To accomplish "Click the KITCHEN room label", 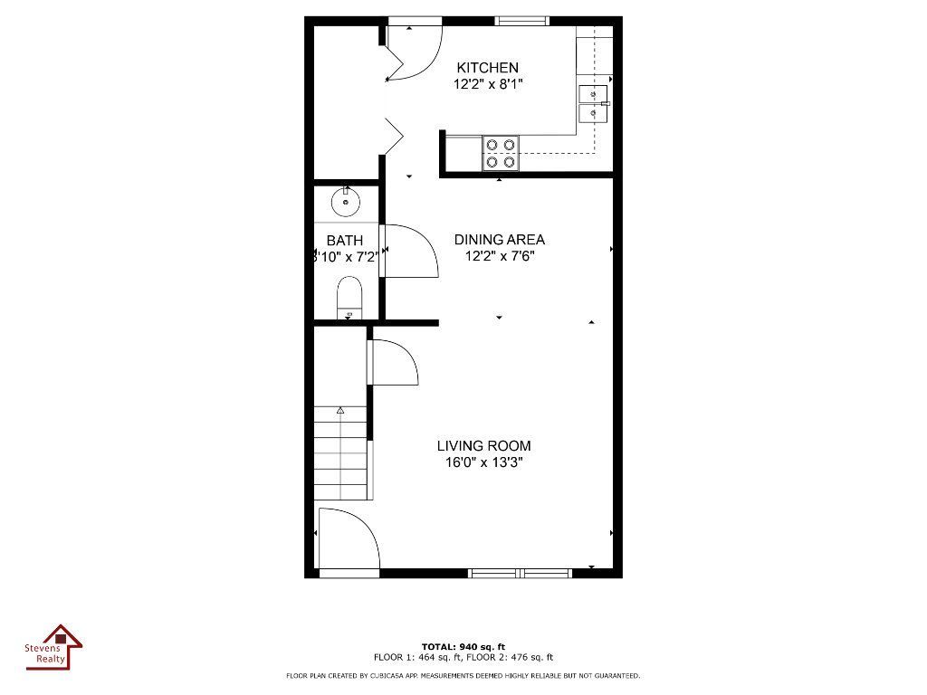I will coord(487,68).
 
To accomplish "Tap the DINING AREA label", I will coord(499,240).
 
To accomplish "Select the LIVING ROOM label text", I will coord(483,446).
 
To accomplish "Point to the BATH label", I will coord(344,241).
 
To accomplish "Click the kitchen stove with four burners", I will coord(500,153).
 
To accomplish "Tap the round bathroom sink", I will coord(345,201).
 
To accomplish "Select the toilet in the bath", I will coord(349,298).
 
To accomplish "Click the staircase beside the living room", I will coord(341,452).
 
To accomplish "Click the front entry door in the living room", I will coord(349,540).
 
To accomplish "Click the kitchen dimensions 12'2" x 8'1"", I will coord(489,85).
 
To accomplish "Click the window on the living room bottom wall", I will coord(520,572).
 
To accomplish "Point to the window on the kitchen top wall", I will coord(521,21).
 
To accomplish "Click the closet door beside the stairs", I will coord(392,362).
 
